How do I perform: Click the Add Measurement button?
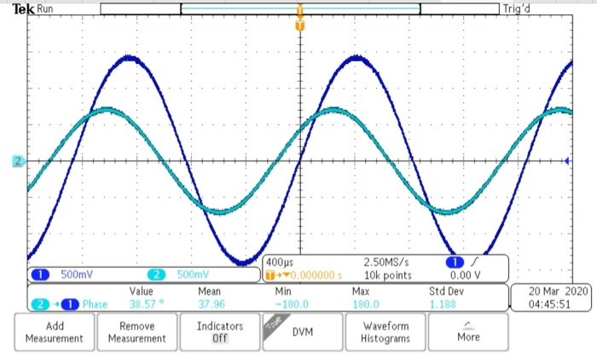coord(55,332)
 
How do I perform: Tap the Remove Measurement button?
coord(137,332)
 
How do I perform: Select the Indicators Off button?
coord(219,332)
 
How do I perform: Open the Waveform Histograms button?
coord(386,332)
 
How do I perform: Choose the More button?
coord(467,332)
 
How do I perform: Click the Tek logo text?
coord(24,9)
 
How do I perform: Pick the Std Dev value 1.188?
coord(443,304)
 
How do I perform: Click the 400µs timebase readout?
coord(283,262)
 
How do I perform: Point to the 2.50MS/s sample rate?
coord(386,262)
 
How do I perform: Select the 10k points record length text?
coord(386,275)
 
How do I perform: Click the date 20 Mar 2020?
coord(552,291)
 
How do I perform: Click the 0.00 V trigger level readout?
coord(466,275)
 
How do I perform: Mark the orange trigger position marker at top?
coord(299,25)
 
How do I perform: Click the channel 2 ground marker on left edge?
coord(17,161)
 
